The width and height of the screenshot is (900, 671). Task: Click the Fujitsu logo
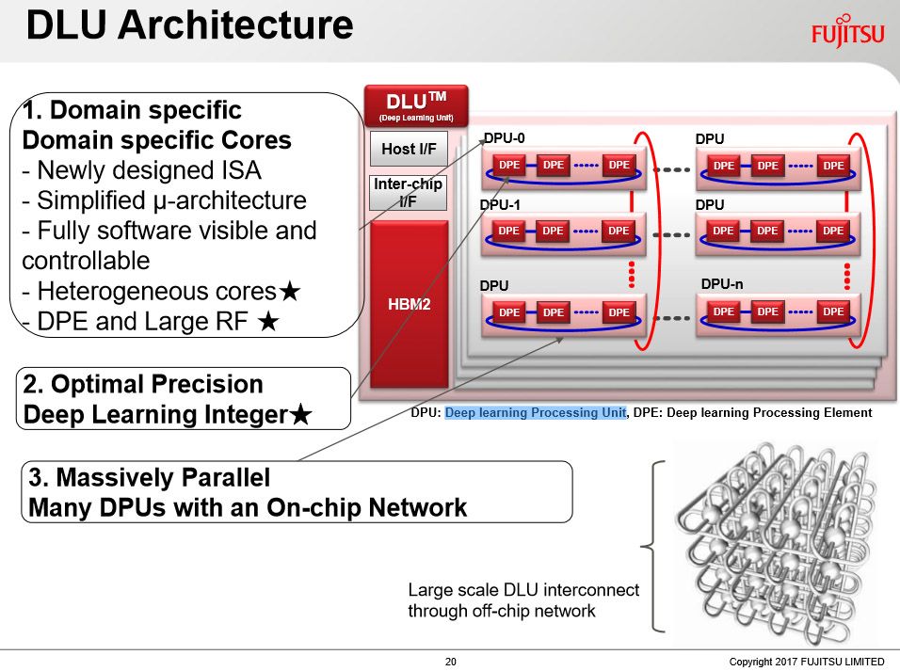click(x=848, y=33)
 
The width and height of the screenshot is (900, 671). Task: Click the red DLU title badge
click(x=416, y=106)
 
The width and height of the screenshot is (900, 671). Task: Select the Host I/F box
click(x=409, y=150)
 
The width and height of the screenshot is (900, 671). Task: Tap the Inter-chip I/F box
click(x=408, y=193)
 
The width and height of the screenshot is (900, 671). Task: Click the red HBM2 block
click(x=409, y=304)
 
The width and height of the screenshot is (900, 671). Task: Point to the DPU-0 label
click(x=504, y=138)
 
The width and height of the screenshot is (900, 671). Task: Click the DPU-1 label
click(x=500, y=205)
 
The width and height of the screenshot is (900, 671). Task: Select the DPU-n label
click(x=721, y=284)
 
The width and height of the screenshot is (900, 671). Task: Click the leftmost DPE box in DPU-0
click(x=509, y=166)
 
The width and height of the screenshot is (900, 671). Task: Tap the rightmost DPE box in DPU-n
click(x=833, y=312)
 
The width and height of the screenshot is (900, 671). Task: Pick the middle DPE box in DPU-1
click(x=553, y=231)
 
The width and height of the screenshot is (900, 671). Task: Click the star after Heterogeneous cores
click(x=289, y=291)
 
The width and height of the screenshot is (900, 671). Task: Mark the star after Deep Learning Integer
click(x=300, y=414)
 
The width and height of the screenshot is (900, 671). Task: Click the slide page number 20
click(x=451, y=662)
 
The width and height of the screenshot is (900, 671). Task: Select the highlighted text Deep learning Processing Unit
click(x=535, y=413)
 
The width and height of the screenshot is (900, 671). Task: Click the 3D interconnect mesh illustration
click(x=776, y=542)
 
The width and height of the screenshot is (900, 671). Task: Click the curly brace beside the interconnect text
click(x=653, y=547)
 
